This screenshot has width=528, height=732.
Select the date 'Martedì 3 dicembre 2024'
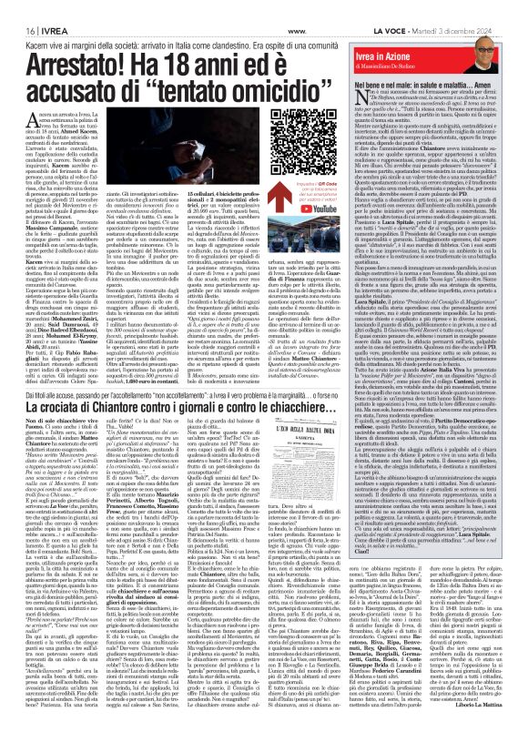point(489,6)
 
